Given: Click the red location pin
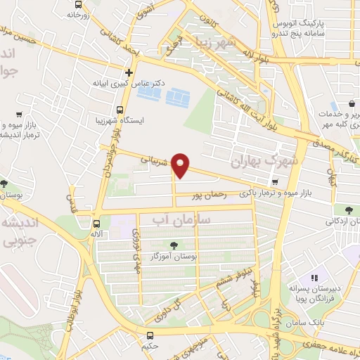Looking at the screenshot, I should pyautogui.click(x=181, y=165).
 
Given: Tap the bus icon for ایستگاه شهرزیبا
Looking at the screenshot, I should pyautogui.click(x=121, y=110).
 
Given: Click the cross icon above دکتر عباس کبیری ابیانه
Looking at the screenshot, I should pyautogui.click(x=129, y=72).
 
